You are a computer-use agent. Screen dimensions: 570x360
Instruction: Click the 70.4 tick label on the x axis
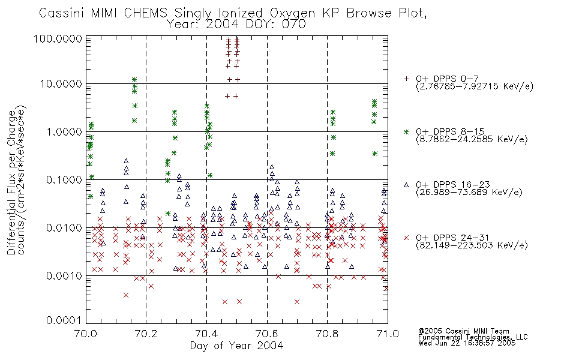click(x=206, y=334)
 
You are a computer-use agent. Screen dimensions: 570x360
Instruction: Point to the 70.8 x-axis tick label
click(x=327, y=334)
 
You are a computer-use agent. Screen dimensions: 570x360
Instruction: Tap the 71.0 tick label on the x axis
click(x=388, y=334)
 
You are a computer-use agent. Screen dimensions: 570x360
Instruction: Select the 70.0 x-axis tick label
click(x=86, y=334)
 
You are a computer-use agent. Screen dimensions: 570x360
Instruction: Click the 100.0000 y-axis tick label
click(x=58, y=38)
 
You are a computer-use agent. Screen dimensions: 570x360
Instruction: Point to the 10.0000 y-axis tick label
click(x=61, y=84)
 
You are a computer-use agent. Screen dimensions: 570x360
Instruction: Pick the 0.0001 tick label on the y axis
click(x=64, y=320)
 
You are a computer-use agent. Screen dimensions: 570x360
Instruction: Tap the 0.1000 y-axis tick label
click(x=64, y=179)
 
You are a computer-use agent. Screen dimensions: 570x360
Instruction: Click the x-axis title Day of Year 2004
click(x=236, y=346)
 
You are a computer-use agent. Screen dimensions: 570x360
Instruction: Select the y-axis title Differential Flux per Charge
click(x=11, y=182)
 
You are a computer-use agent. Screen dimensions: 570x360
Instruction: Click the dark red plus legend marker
click(x=406, y=79)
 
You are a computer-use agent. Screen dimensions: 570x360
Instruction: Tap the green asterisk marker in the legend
click(x=406, y=131)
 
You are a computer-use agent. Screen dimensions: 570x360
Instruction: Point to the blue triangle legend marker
click(x=406, y=185)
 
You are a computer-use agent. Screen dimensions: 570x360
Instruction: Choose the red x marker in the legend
click(x=406, y=238)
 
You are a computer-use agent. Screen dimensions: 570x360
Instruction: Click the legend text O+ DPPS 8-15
click(x=450, y=131)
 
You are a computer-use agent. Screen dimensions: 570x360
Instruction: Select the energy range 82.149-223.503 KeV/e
click(x=472, y=245)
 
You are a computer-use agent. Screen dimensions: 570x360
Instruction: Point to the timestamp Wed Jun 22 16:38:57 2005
click(x=467, y=343)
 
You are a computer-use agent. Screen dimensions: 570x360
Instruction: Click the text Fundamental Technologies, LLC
click(x=473, y=337)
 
